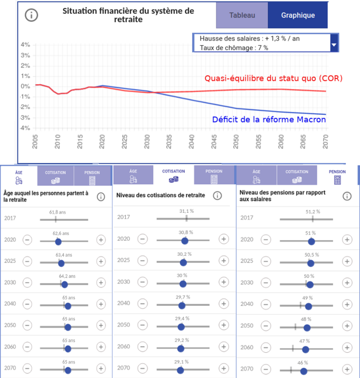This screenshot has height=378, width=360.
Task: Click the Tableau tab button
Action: click(242, 16)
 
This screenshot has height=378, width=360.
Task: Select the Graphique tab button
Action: click(297, 16)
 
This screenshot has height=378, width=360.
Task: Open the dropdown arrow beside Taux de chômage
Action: click(333, 46)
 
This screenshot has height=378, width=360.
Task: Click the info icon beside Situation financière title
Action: click(32, 15)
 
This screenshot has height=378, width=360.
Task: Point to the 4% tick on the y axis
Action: click(25, 45)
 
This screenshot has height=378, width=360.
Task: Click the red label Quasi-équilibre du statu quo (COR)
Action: click(273, 78)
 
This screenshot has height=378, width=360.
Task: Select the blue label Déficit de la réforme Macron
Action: click(269, 120)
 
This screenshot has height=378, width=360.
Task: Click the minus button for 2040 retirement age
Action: click(27, 304)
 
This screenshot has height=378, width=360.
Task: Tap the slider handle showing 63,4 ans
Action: click(61, 263)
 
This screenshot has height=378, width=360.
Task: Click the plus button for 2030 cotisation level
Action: click(224, 283)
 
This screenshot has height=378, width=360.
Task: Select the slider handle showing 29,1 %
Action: click(181, 370)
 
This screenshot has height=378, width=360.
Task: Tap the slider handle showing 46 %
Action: click(303, 371)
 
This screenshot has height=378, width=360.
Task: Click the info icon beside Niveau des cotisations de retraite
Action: click(217, 196)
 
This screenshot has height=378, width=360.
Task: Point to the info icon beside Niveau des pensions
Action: click(347, 196)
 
